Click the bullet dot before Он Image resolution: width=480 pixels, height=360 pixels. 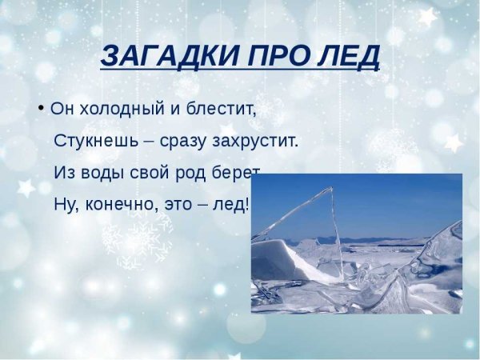tap(40, 106)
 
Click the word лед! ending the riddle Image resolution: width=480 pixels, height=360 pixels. tap(231, 203)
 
